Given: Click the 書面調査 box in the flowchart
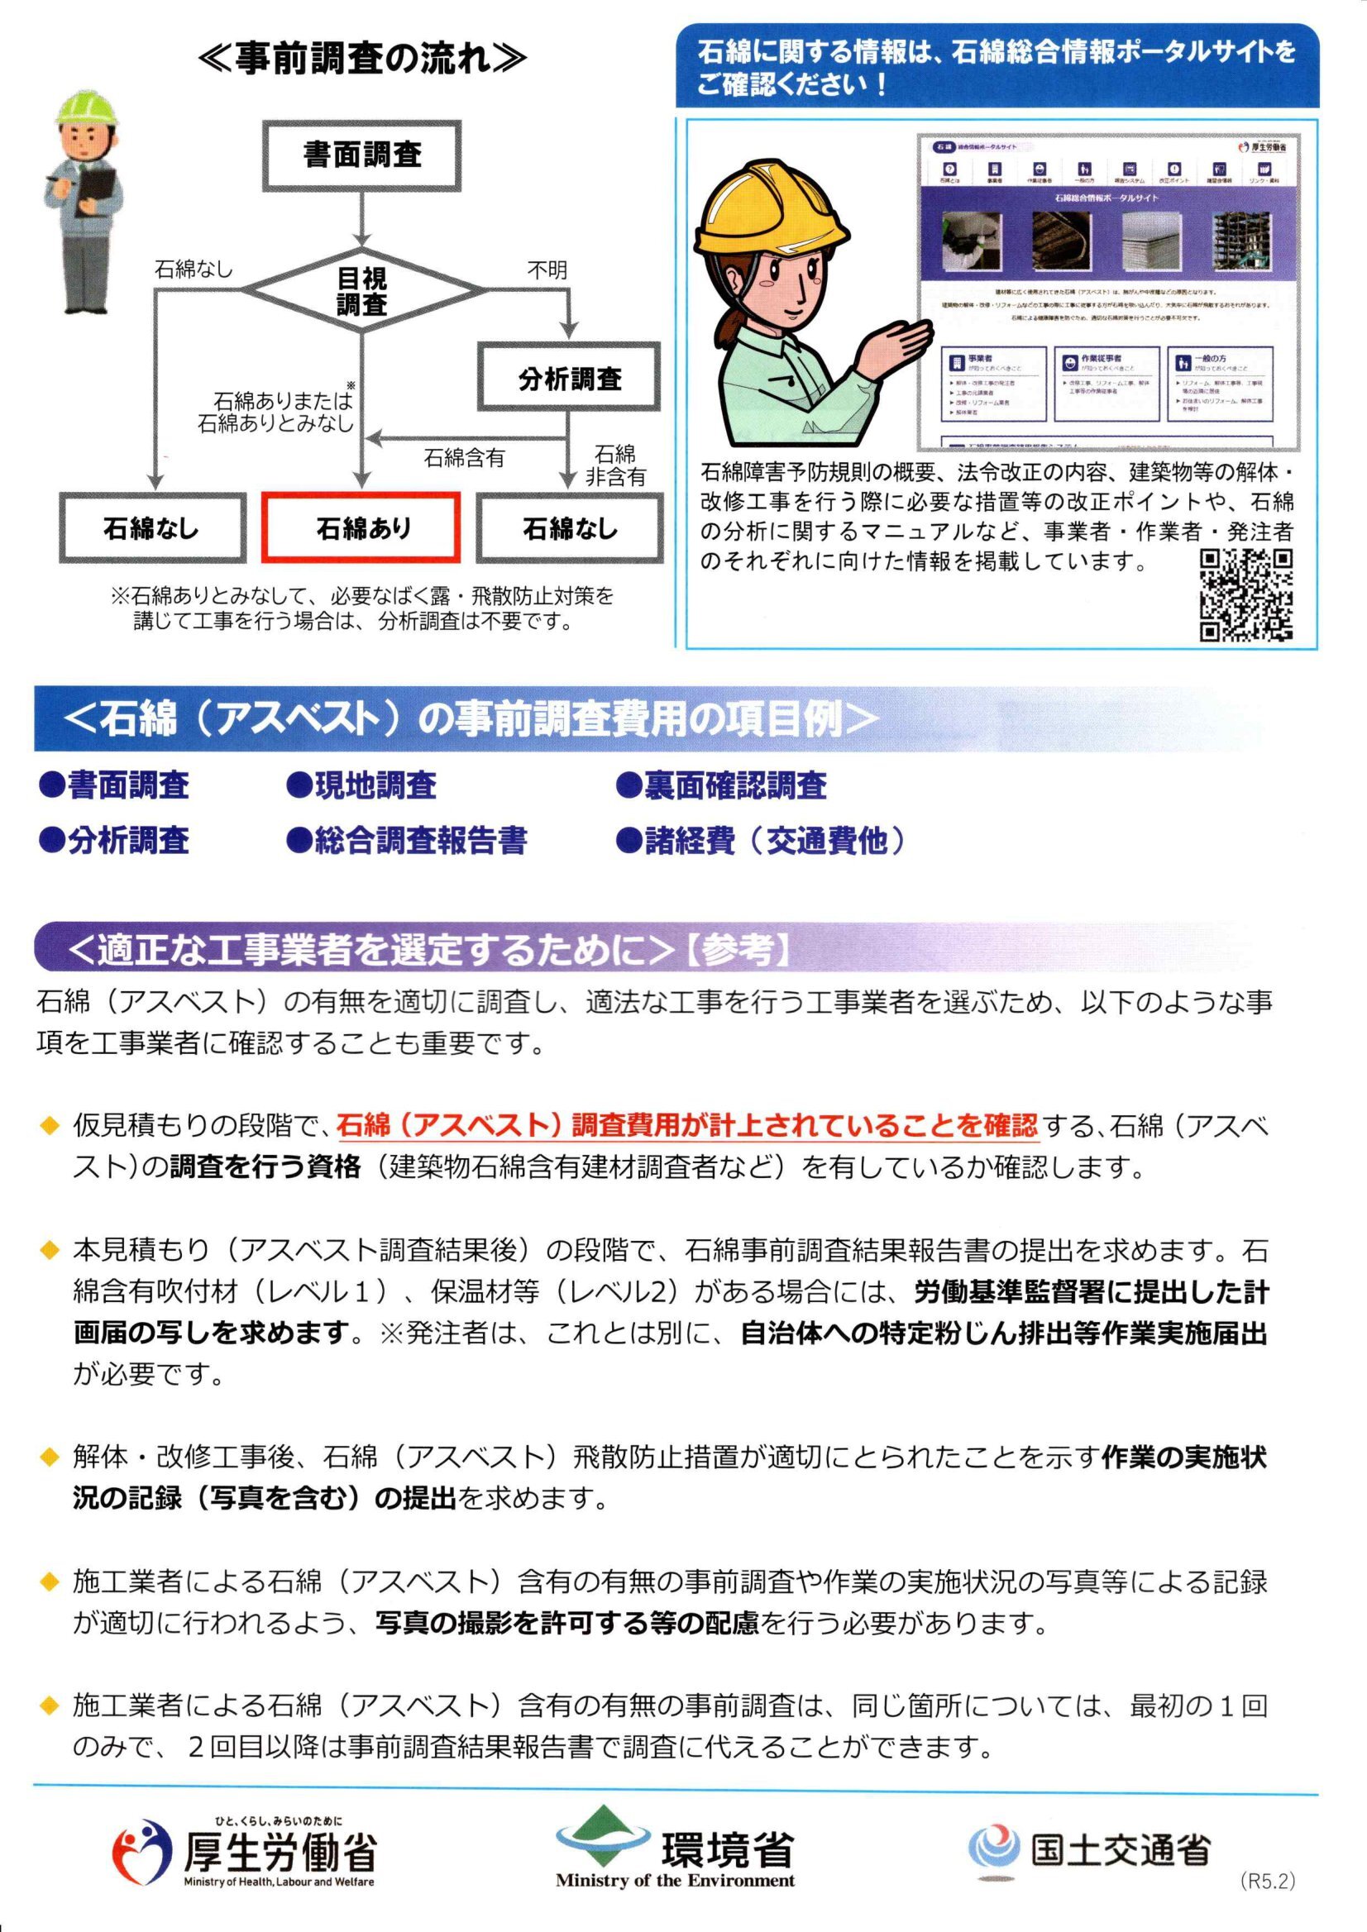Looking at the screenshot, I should tap(362, 155).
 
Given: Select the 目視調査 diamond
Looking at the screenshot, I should tap(362, 291).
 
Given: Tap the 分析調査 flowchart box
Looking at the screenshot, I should tap(570, 379).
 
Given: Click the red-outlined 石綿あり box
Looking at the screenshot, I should tap(363, 528).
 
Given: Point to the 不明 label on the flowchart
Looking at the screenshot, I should tap(547, 270).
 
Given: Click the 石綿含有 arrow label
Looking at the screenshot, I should tap(464, 458).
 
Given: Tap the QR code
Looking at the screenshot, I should tap(1245, 594).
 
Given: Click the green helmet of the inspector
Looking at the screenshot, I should tap(82, 106).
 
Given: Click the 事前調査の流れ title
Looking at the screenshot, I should tap(363, 60).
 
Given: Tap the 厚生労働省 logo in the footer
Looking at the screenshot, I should tap(244, 1852).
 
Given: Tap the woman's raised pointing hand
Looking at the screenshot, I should tap(901, 335).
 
